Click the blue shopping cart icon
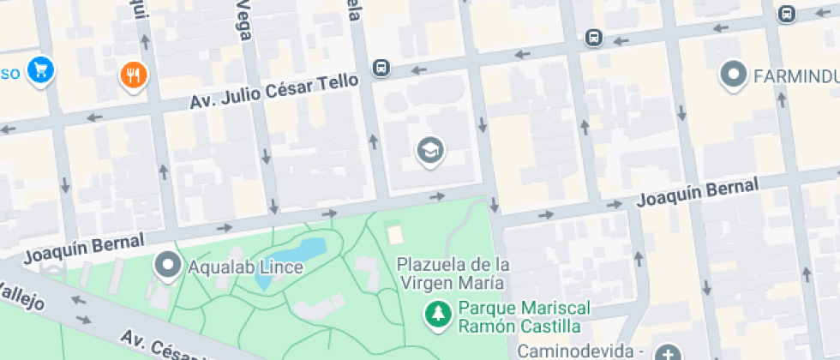(39, 70)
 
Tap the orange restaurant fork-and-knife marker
(133, 75)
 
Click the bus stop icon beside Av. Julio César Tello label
(381, 67)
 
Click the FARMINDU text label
(796, 76)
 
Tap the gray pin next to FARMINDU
(734, 75)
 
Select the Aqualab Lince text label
(247, 267)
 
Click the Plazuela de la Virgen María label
(454, 273)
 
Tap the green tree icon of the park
(438, 313)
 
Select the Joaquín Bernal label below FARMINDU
(698, 194)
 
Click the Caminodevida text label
(582, 351)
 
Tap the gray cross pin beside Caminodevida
(668, 352)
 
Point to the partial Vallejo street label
(22, 291)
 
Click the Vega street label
(243, 15)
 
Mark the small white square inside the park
(393, 231)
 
